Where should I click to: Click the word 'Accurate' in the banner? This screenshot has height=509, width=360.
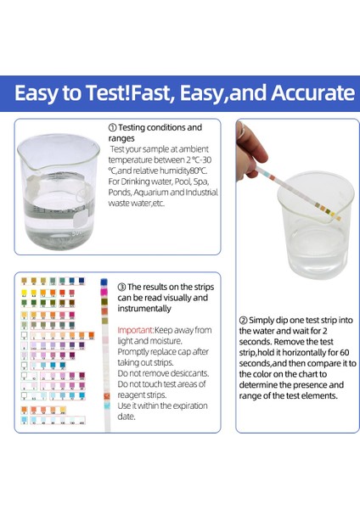[302, 92]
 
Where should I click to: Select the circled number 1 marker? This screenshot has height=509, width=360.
[112, 128]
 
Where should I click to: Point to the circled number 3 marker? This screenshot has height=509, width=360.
[121, 287]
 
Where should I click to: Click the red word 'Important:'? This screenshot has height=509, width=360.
[135, 329]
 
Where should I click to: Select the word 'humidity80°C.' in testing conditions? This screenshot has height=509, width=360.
[182, 170]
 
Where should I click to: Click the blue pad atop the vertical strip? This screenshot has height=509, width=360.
[104, 281]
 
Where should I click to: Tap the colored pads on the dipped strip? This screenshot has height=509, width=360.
[318, 199]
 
